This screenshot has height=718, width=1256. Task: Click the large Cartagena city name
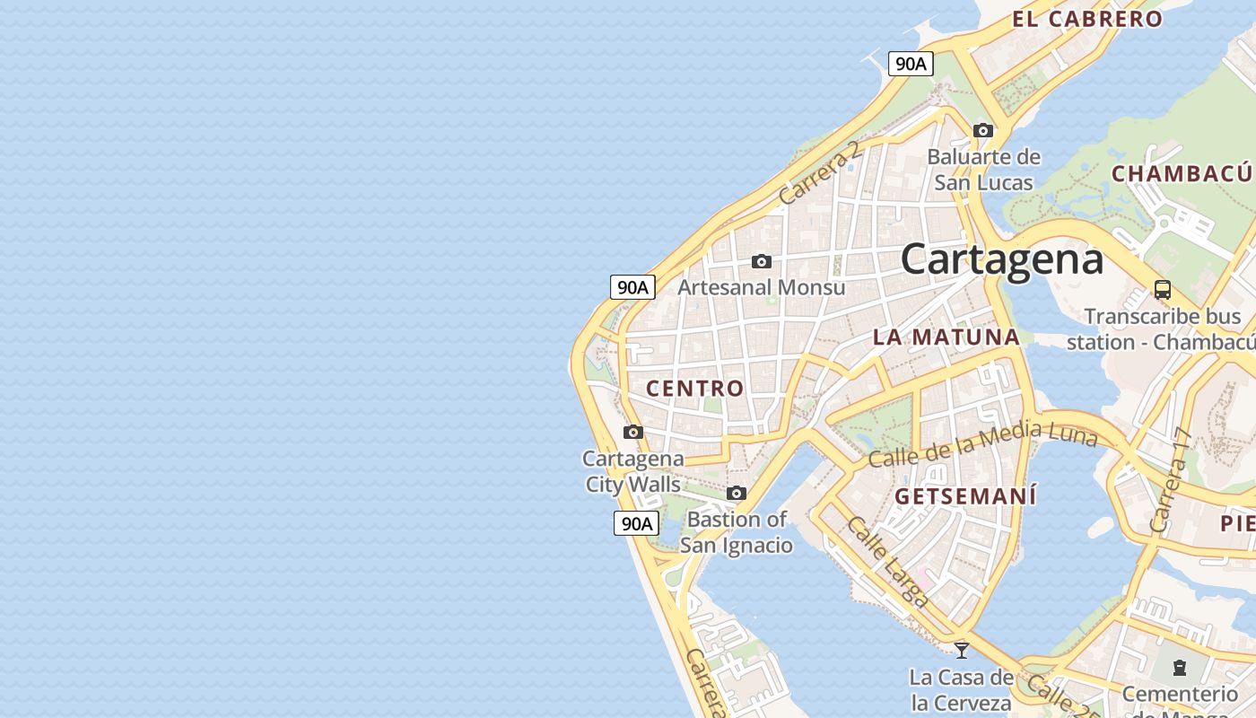[x=1001, y=258]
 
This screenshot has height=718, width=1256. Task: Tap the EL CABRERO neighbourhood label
[x=1087, y=19]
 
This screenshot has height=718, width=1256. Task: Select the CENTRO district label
[x=695, y=388]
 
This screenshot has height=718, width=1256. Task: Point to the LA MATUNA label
[x=946, y=337]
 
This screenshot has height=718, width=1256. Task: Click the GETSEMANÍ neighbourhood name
[x=965, y=495]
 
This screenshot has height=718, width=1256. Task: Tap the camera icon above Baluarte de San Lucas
[x=983, y=130]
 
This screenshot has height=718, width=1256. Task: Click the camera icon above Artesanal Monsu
[x=762, y=261]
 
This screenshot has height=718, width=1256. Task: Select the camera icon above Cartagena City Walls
[x=633, y=432]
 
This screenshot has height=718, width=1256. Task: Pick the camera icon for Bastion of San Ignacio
[x=737, y=493]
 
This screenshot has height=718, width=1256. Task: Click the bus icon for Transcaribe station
[x=1163, y=289]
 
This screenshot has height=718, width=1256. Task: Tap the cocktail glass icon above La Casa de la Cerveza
[x=962, y=650]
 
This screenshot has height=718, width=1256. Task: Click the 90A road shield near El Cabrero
[x=911, y=64]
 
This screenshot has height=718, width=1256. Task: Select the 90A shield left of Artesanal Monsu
[x=632, y=287]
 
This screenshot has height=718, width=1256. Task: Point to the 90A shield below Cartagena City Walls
[x=636, y=523]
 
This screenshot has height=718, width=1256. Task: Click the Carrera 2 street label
[x=820, y=172]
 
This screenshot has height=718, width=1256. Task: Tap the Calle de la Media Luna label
[x=983, y=444]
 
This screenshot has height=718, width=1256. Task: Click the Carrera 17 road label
[x=1170, y=481]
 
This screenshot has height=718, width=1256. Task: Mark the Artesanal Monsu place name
[x=762, y=287]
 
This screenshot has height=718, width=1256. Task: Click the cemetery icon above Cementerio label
[x=1179, y=668]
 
